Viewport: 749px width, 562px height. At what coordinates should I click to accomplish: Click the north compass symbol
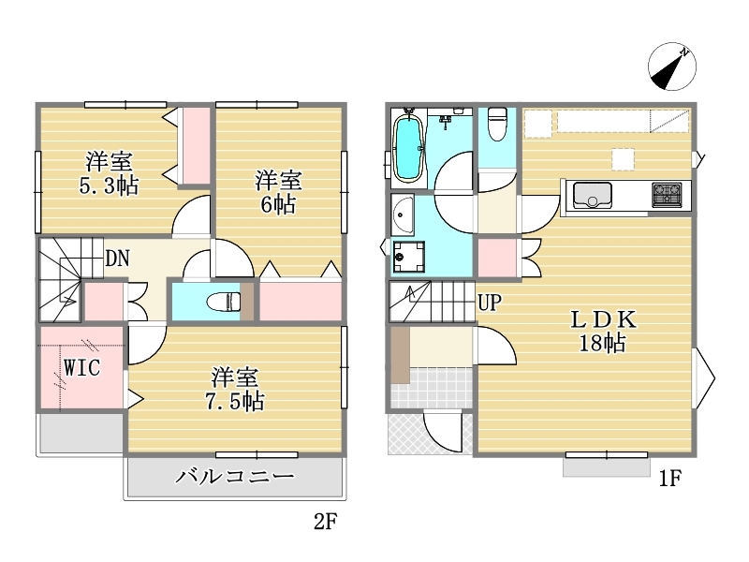(672, 67)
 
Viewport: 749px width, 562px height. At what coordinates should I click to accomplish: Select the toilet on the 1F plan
(497, 125)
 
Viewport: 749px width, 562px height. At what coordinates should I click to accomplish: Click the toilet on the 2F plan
(224, 302)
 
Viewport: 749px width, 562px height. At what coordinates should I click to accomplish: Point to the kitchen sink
(593, 196)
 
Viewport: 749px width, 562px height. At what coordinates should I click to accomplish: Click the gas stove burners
(667, 195)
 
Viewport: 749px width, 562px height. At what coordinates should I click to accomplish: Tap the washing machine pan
(408, 258)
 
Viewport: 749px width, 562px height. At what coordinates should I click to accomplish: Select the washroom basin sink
(403, 215)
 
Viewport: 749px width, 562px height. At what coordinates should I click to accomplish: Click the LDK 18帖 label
(603, 331)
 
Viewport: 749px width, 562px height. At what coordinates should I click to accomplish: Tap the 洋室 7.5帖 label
(235, 389)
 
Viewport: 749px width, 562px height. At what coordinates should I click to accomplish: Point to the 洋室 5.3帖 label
(109, 173)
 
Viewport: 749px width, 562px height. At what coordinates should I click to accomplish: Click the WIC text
(82, 367)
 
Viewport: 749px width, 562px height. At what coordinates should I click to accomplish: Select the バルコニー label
(235, 477)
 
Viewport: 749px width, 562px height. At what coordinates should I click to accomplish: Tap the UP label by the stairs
(490, 303)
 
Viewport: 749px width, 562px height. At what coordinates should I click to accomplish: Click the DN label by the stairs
(118, 259)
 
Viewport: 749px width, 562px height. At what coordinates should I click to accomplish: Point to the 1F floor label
(669, 478)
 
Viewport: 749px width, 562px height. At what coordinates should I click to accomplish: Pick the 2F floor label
(326, 522)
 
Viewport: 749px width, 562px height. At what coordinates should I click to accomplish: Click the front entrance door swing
(442, 433)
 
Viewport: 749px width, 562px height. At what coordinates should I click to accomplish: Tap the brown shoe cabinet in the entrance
(401, 355)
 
